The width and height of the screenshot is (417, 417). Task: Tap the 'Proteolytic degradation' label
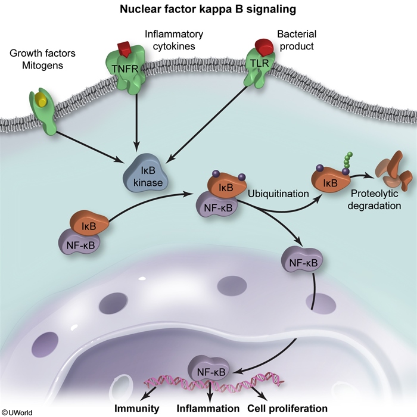pyautogui.click(x=375, y=200)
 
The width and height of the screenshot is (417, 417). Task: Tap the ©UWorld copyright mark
pyautogui.click(x=17, y=411)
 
